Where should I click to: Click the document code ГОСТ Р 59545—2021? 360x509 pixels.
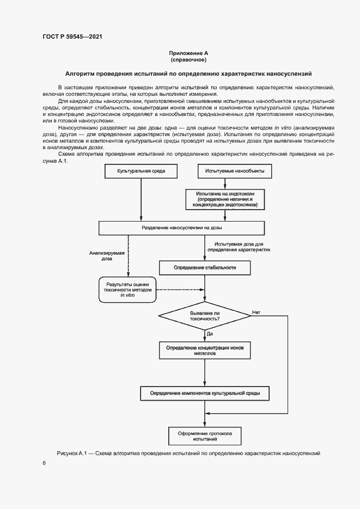(x=72, y=37)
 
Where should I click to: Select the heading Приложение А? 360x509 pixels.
(x=188, y=53)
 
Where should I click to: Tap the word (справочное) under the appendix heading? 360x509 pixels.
(x=188, y=60)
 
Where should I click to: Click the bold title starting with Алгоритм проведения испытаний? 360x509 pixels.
(x=188, y=73)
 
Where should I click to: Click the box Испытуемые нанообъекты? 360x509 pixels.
(x=235, y=171)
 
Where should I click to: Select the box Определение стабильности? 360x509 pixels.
(x=204, y=267)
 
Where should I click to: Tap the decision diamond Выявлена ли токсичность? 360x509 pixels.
(x=204, y=316)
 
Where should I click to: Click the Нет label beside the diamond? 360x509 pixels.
(x=256, y=312)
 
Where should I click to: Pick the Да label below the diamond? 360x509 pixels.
(x=210, y=333)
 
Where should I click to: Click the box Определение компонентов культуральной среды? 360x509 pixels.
(x=204, y=393)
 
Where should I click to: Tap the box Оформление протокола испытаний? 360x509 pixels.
(x=204, y=436)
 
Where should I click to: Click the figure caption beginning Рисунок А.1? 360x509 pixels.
(x=188, y=453)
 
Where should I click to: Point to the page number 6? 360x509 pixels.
(x=44, y=463)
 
